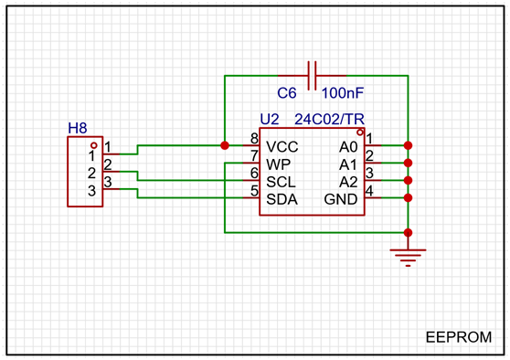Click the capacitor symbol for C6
coord(312,76)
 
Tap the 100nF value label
coord(343,93)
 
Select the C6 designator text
coord(287,93)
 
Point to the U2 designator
coord(270,120)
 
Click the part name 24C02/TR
coord(329,120)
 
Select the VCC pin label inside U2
coord(282,147)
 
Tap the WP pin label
coord(279,164)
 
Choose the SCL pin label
coord(281,182)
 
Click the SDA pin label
coord(282,200)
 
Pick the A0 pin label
coord(348,147)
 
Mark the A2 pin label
coord(348,182)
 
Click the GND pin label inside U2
coord(341,200)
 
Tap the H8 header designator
coord(78,129)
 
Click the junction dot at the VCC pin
coord(225,145)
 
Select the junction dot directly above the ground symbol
coord(408,232)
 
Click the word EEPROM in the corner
coord(459,337)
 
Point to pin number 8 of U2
coord(254,139)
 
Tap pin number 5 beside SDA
coord(254,191)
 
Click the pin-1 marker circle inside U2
coord(360,132)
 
